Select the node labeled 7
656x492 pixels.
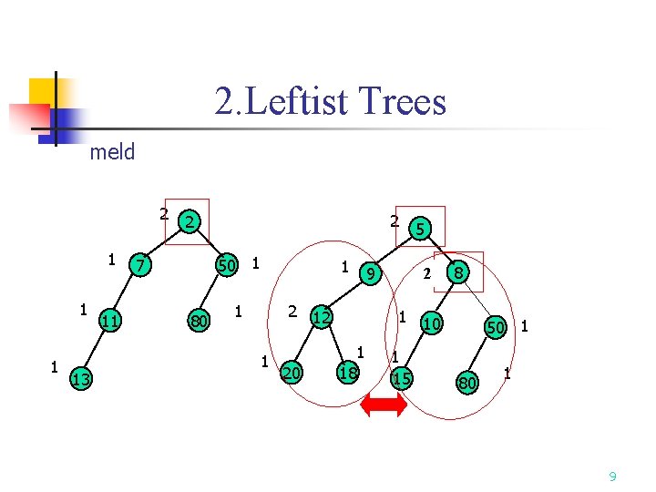pos(139,265)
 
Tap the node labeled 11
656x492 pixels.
pos(110,320)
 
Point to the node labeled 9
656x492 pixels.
pos(370,272)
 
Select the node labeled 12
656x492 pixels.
pos(321,317)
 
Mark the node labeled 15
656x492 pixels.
pos(401,377)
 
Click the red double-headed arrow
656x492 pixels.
pos(384,406)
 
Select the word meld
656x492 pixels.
pos(112,152)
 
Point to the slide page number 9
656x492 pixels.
pos(612,476)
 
